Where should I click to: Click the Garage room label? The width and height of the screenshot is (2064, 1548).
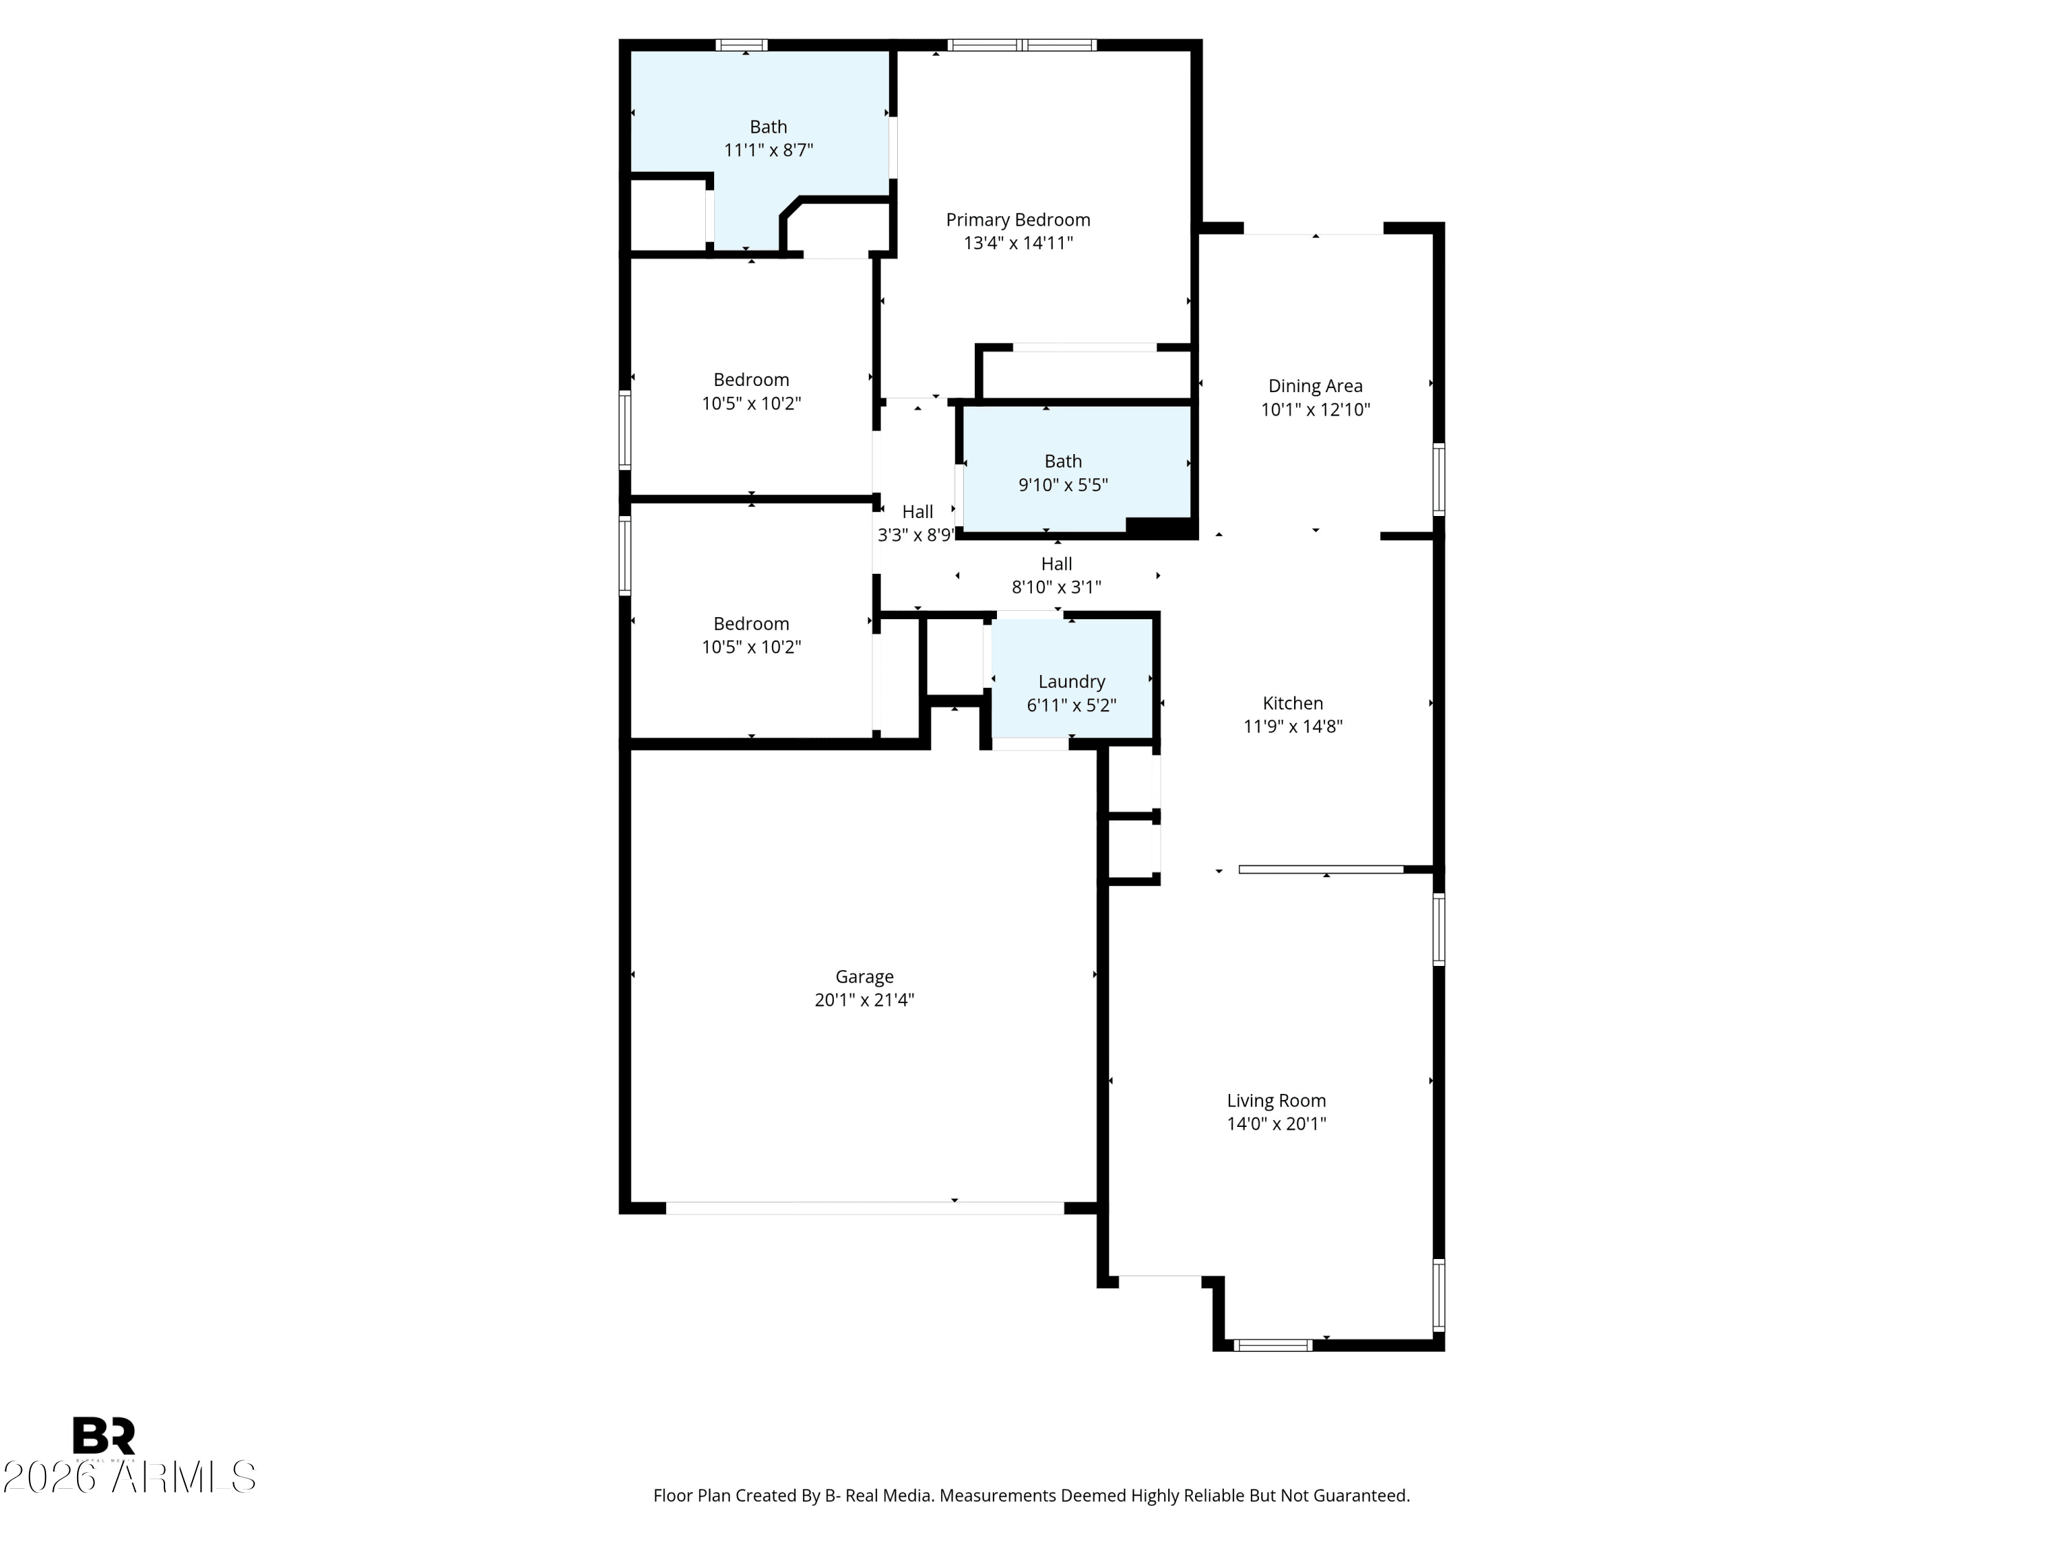click(x=864, y=977)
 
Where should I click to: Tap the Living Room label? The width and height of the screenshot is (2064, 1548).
click(x=1276, y=1101)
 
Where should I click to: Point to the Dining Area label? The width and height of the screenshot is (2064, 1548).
click(x=1315, y=386)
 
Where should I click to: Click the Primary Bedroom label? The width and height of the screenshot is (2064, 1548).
click(x=1018, y=220)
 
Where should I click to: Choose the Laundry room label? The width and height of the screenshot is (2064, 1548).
click(x=1071, y=682)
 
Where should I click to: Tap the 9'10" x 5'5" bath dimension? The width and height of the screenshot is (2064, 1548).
click(x=1063, y=485)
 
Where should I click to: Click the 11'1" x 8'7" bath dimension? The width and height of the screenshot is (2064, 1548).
click(x=768, y=150)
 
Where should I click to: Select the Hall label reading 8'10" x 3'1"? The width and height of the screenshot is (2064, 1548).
click(x=1056, y=588)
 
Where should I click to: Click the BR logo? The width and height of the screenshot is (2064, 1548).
click(x=105, y=1436)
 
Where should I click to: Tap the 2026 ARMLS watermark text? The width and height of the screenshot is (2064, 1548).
click(x=129, y=1478)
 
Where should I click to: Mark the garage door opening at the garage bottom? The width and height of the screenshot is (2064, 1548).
click(x=864, y=1208)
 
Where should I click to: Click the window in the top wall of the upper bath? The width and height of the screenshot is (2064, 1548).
click(x=742, y=45)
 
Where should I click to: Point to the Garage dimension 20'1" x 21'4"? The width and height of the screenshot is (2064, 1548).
click(x=864, y=1000)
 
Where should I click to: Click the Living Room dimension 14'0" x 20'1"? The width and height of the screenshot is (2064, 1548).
click(x=1276, y=1124)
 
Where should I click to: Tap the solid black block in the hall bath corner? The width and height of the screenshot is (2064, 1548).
click(x=1160, y=527)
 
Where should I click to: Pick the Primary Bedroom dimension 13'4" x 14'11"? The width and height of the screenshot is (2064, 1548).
click(x=1018, y=244)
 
